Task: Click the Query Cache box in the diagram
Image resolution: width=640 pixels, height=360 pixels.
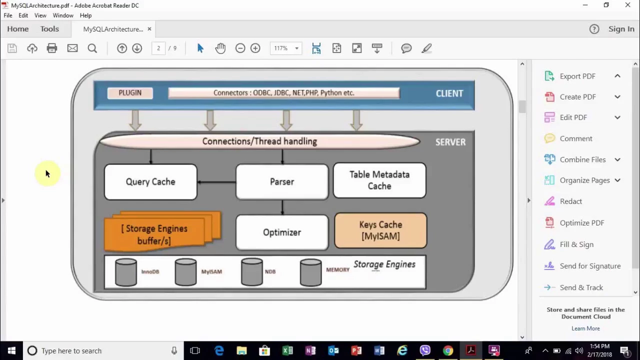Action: coord(150,181)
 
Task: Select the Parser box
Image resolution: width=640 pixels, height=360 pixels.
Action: coord(282,181)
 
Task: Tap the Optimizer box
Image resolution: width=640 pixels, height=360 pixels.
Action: coord(282,232)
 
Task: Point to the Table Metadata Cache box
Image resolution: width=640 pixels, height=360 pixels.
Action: coord(379,180)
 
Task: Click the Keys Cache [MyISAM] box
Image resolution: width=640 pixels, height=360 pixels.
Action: coord(380,230)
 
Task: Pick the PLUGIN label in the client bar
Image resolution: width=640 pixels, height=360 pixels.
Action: coord(130,93)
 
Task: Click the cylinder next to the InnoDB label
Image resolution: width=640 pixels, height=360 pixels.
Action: coord(125,272)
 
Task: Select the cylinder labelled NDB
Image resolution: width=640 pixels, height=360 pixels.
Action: coord(251,272)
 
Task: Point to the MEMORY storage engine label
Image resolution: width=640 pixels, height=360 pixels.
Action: coord(337,269)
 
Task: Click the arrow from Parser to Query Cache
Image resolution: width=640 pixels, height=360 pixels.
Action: coord(216,182)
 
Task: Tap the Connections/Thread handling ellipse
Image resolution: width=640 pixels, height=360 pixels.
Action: coord(259,141)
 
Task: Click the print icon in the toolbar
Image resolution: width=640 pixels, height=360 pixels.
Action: coord(51,48)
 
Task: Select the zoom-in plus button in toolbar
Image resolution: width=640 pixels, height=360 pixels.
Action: coord(255,48)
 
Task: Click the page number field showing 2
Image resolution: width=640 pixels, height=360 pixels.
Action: coord(158,48)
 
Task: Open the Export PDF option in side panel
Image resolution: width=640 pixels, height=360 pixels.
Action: coord(577,76)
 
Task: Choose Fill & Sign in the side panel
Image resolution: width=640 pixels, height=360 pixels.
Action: coord(576,244)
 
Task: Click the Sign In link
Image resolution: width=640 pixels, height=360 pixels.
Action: coord(621,29)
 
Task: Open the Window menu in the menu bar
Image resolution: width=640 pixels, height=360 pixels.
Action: coord(63,15)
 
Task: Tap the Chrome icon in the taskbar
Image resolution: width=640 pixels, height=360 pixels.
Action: coord(448,350)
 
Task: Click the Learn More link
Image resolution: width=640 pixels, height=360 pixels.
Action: coord(585,328)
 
